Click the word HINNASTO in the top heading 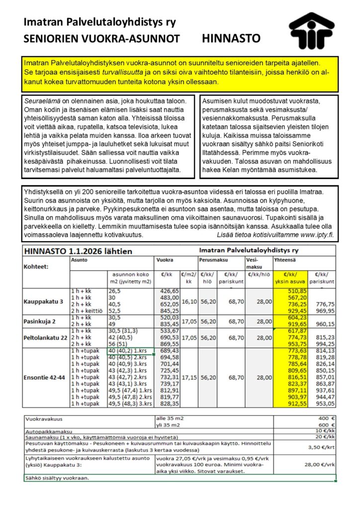231,38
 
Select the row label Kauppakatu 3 43,301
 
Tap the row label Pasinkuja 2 40,321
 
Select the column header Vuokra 165,260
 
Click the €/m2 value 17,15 189,377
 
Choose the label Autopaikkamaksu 48,431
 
